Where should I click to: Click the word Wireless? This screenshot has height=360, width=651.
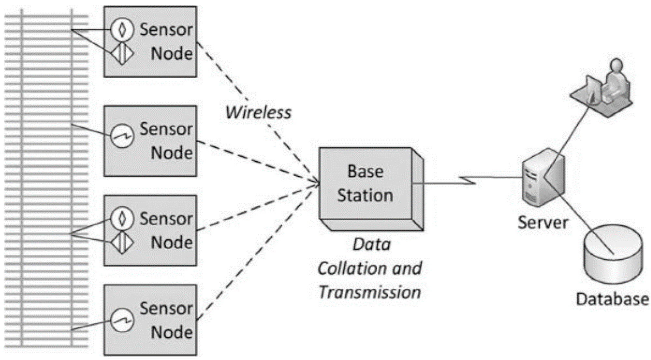pos(258,113)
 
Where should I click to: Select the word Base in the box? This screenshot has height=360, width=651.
pos(365,171)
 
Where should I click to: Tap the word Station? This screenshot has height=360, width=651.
pos(365,195)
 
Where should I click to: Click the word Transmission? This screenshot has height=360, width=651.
pos(369,292)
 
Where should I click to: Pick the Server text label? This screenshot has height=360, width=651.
pos(543,223)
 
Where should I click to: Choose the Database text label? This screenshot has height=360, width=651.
pos(612,299)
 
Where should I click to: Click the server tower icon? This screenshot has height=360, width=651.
pos(543,177)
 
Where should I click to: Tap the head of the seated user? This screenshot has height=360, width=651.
pos(616,65)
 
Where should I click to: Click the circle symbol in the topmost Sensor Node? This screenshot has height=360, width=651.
pos(122,29)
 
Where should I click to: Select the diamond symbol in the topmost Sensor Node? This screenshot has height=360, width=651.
pos(122,53)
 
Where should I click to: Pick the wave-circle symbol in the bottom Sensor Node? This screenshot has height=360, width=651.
pos(122,320)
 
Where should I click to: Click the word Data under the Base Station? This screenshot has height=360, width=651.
pos(372,244)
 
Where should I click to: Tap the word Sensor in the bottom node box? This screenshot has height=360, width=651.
pos(166,308)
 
